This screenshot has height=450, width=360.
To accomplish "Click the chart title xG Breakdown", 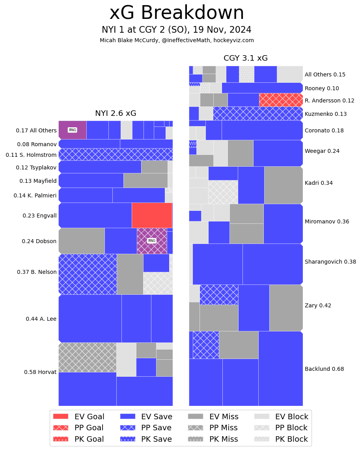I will [x=177, y=13].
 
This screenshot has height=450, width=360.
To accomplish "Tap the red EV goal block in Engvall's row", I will [x=152, y=215].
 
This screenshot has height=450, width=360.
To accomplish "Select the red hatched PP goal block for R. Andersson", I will [x=281, y=100].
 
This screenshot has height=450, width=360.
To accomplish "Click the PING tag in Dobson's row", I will [x=152, y=241].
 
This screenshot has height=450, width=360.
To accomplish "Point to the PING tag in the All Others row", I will [x=73, y=130].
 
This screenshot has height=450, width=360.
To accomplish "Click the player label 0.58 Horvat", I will [x=40, y=372].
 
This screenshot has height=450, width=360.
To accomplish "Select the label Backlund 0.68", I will [x=324, y=369].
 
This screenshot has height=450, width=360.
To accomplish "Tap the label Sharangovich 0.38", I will [x=330, y=262].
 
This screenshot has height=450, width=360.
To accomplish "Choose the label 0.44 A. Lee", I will [x=41, y=319].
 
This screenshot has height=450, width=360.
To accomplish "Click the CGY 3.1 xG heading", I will [x=245, y=58].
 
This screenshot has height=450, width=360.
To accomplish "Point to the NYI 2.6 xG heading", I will [x=116, y=113].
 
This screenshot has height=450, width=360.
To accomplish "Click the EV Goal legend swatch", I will [x=61, y=417].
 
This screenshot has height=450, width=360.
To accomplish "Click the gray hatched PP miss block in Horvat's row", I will [x=87, y=357].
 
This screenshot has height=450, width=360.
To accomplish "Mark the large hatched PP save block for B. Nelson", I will [x=88, y=274].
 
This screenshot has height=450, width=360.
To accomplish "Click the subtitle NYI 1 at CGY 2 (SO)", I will [x=177, y=30].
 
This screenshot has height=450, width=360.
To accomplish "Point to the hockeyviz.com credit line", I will [x=177, y=40].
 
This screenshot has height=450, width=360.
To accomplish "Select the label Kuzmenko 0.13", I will [x=326, y=114].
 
